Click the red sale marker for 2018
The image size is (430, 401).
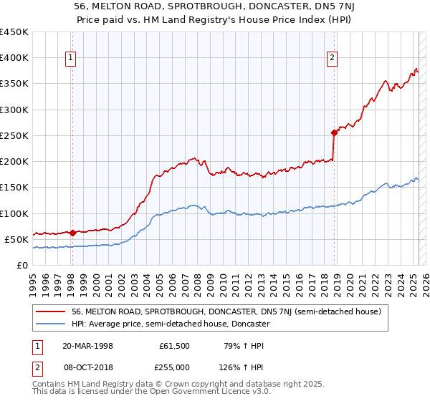pos(334,132)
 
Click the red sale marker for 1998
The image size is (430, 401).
pos(73,233)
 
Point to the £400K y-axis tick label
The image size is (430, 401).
pos(14,58)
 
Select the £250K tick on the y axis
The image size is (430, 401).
pos(14,135)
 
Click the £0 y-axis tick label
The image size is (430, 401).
pos(22,265)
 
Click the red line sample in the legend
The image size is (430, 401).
pos(52,311)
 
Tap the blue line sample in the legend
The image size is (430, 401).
pos(52,324)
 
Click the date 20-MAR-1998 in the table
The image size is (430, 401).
pos(87,346)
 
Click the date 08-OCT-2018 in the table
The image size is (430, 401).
pos(87,367)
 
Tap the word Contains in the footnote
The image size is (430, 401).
pos(50,385)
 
